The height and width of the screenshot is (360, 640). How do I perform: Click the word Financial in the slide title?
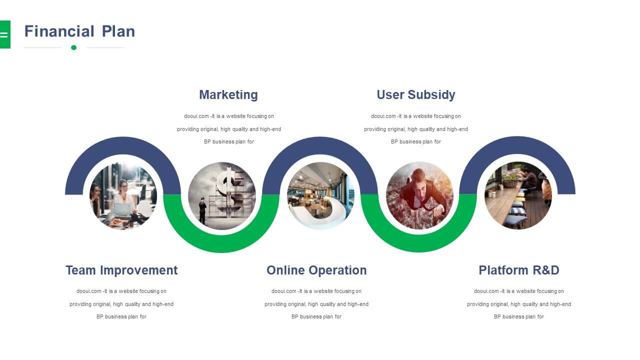point(59,31)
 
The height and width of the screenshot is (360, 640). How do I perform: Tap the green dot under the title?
point(73,47)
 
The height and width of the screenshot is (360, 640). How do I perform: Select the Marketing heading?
point(228,94)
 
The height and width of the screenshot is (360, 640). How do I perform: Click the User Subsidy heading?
point(415,94)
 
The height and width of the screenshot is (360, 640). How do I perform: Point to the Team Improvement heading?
point(121,270)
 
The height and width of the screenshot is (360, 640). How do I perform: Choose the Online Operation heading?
point(316,270)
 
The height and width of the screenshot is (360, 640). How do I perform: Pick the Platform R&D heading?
point(519,270)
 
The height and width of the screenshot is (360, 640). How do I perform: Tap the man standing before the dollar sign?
point(202,210)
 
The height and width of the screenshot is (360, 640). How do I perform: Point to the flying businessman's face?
point(419,180)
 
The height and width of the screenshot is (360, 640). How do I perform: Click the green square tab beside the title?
point(5,34)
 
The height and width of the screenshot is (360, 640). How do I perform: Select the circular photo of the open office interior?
point(320,195)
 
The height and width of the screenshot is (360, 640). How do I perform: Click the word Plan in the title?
point(118,31)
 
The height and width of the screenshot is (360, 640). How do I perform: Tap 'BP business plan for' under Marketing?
point(229,141)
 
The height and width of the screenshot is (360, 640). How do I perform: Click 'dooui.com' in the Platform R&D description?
point(486,291)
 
